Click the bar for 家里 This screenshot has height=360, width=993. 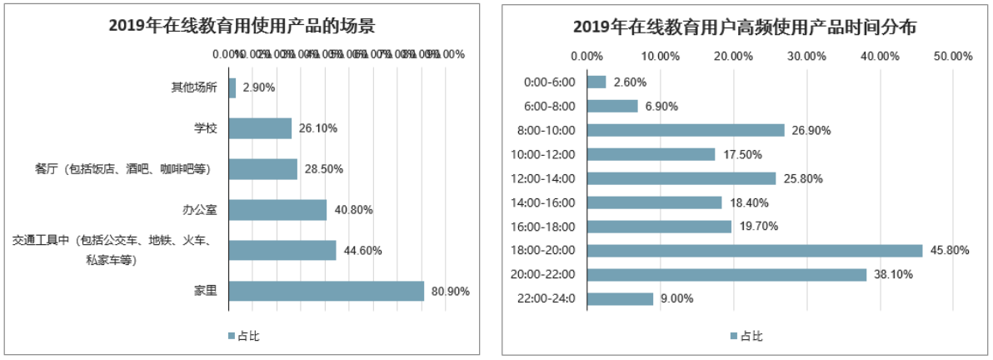326,291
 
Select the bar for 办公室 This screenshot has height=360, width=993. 277,210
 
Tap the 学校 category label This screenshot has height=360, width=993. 205,128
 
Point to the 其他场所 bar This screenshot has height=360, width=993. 232,87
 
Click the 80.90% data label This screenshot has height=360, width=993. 451,292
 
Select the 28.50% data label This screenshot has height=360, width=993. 323,169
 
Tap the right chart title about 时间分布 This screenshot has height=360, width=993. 745,27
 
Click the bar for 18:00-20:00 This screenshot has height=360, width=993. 755,250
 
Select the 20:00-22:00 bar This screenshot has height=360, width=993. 726,274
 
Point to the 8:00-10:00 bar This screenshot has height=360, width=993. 686,130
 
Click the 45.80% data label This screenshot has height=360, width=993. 950,250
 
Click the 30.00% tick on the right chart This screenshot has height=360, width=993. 806,57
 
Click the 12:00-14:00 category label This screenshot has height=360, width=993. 551,178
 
